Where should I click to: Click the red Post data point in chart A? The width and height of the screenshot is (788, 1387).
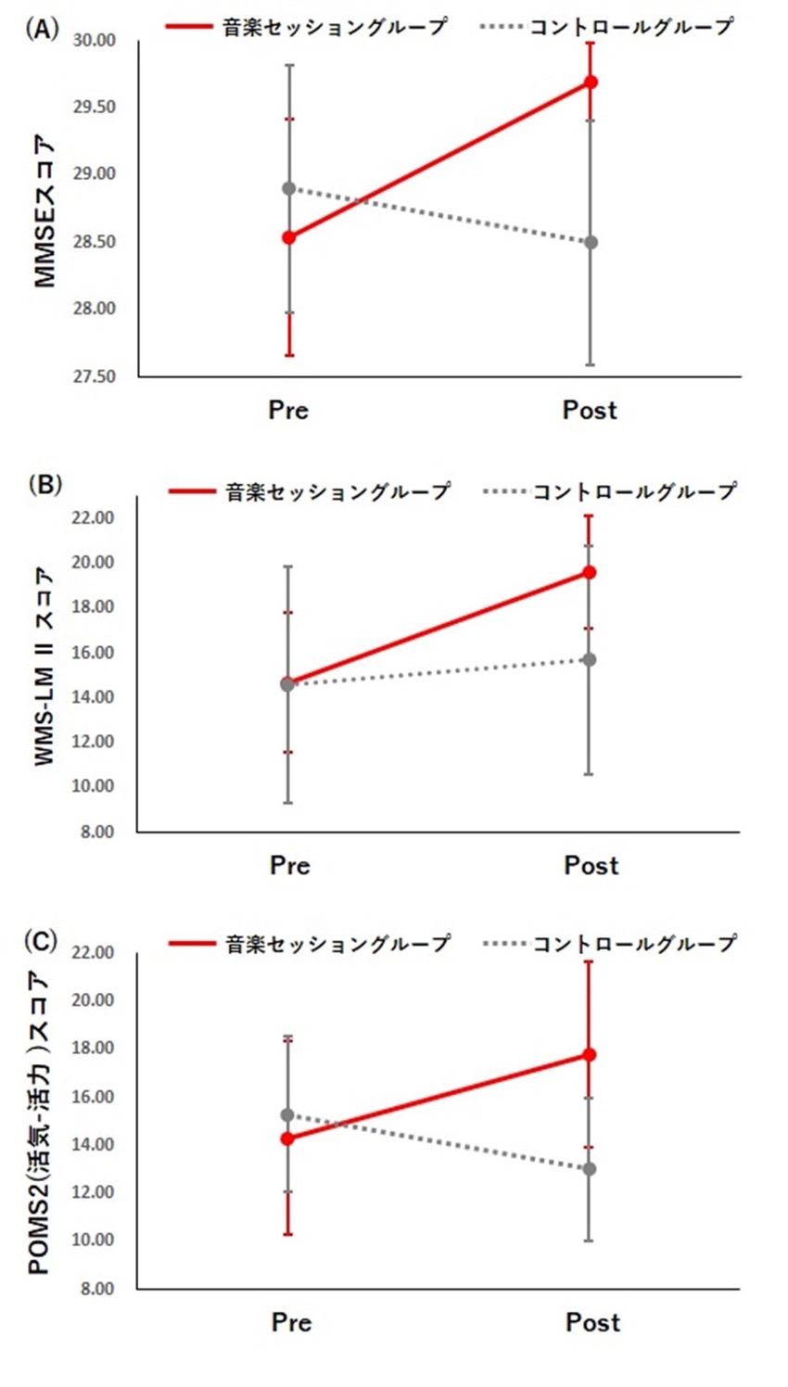click(591, 82)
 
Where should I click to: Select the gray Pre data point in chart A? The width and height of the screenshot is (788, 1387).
click(289, 188)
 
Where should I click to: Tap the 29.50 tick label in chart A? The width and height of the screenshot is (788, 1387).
click(95, 108)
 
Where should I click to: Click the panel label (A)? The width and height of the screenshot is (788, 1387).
click(42, 29)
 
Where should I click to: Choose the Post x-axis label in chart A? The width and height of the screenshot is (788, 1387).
click(590, 410)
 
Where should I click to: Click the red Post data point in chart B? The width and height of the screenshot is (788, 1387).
click(589, 572)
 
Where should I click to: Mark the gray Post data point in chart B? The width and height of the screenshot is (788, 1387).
click(589, 659)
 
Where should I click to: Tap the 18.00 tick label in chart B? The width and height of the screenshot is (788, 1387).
click(93, 607)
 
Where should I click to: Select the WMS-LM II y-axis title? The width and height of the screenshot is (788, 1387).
click(44, 667)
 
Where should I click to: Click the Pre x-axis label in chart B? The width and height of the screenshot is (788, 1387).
click(289, 865)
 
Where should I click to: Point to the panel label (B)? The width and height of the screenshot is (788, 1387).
click(44, 484)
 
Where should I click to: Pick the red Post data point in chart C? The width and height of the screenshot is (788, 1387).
click(589, 1054)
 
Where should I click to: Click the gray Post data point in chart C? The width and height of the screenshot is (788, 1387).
click(590, 1169)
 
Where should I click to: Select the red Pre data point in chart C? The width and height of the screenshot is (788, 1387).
click(287, 1139)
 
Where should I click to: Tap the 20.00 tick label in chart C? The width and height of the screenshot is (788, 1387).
click(93, 1000)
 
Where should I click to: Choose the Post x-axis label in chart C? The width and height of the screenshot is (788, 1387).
click(592, 1322)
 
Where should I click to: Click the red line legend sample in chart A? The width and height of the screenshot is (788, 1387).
click(189, 27)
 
